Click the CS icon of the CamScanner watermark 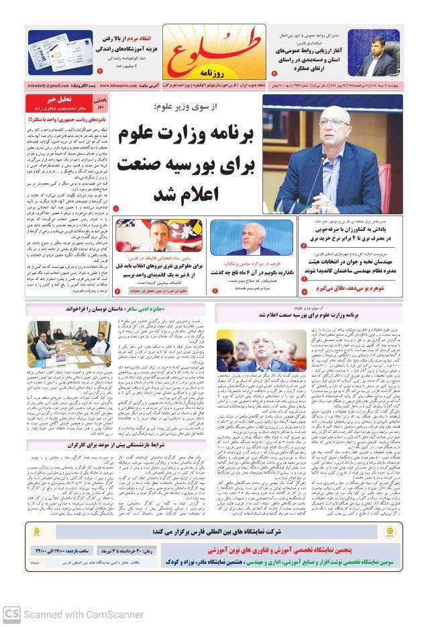coord(11,614)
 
